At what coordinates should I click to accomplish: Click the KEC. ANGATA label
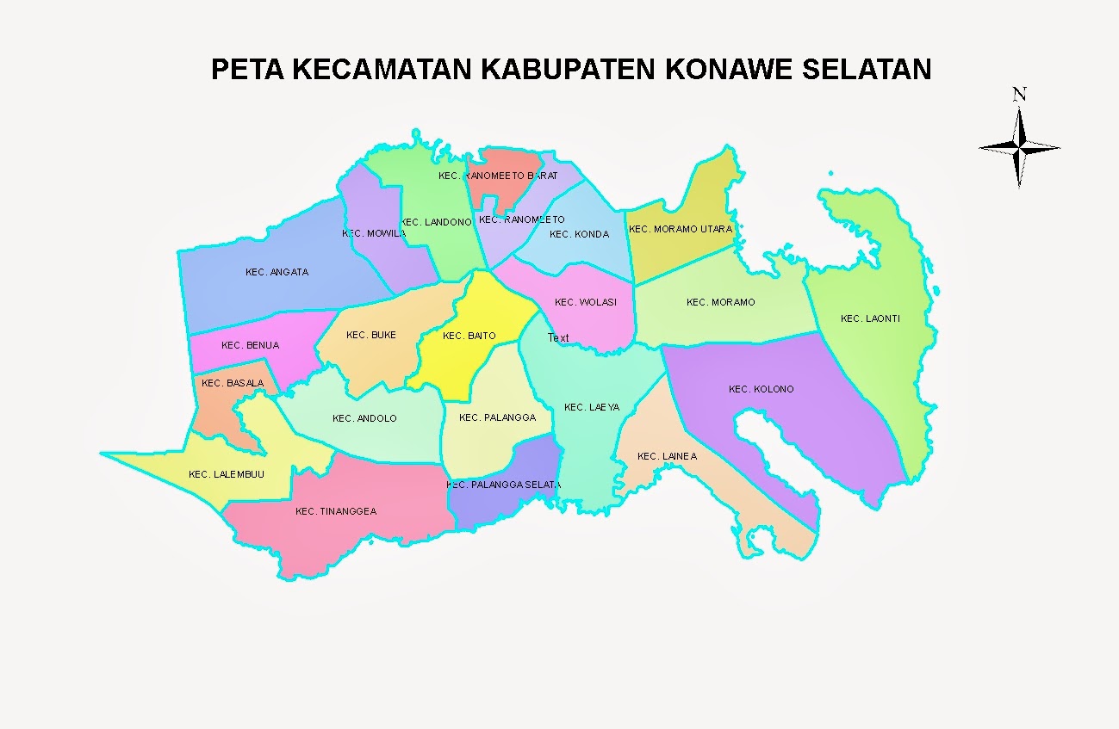coord(277,272)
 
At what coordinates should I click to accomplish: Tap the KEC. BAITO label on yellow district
coord(469,336)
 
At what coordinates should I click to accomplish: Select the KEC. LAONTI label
coord(870,319)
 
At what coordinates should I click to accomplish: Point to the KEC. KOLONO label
coord(761,389)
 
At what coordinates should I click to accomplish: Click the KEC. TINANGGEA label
coord(335,511)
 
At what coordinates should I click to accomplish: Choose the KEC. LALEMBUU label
coord(227,474)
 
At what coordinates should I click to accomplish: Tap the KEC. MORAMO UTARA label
coord(680,229)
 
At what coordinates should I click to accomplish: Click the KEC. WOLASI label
coord(586,302)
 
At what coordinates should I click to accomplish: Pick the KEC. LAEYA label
coord(591,407)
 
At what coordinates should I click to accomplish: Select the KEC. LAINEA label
coord(667,456)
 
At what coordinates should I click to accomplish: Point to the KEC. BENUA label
coord(250,345)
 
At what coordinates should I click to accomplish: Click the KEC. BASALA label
coord(233,383)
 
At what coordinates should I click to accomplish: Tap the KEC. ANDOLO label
coord(364,418)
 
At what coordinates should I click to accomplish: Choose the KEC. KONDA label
coord(579,234)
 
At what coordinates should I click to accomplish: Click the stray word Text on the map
coord(558,338)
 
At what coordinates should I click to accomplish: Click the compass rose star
coord(1019,148)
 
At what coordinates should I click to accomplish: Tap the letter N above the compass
coord(1019,94)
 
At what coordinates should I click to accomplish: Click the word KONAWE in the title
coord(729,69)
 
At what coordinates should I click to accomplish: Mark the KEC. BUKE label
coord(370,335)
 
